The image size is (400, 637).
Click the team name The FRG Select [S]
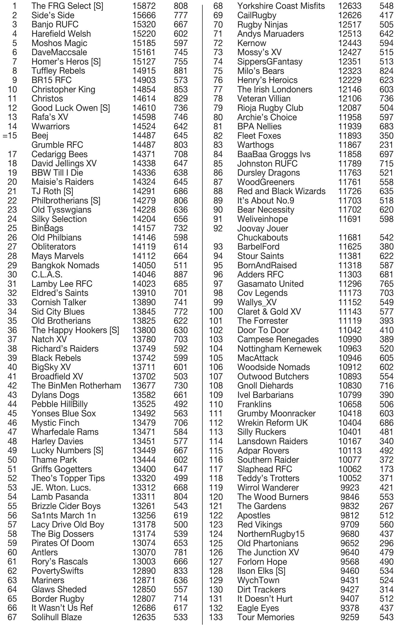[x=67, y=6]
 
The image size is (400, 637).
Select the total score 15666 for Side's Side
[x=144, y=15]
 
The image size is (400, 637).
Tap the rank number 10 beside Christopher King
[x=12, y=89]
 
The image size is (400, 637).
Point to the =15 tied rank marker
[x=10, y=135]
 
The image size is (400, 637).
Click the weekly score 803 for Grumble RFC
[x=180, y=145]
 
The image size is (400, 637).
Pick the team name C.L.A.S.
[x=47, y=274]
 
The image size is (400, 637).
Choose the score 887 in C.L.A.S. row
[x=180, y=274]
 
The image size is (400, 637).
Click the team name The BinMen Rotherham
[x=76, y=386]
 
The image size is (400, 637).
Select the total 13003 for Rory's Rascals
[x=144, y=561]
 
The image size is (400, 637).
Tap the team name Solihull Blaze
[x=57, y=617]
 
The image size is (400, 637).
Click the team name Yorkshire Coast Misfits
[x=281, y=6]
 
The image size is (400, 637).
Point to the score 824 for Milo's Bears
[x=386, y=71]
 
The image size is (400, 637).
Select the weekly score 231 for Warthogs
[x=386, y=145]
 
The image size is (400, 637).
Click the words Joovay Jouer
[x=263, y=228]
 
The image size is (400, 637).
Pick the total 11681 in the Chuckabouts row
[x=350, y=238]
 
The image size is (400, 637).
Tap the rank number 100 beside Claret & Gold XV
[x=216, y=312]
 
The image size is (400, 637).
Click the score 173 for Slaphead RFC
[x=386, y=469]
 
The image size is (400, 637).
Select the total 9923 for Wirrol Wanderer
[x=350, y=488]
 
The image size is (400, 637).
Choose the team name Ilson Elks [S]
[x=261, y=571]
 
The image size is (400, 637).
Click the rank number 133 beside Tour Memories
[x=216, y=617]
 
